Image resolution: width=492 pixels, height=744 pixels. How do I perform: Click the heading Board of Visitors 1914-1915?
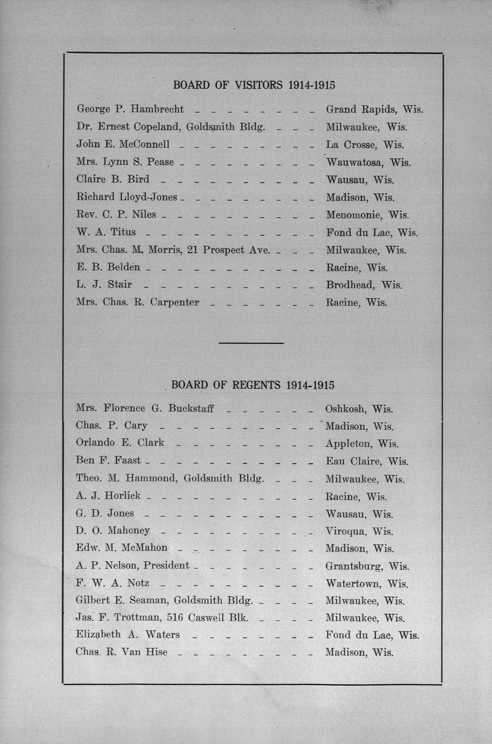click(254, 85)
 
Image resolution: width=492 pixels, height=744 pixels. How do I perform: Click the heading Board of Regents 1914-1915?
click(253, 385)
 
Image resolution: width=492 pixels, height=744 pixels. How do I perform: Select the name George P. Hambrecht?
click(130, 109)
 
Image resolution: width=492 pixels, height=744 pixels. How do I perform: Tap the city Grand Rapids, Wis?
click(374, 109)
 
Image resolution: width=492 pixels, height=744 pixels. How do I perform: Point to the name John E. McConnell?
click(123, 144)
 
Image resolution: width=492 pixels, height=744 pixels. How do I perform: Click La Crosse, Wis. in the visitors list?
click(365, 144)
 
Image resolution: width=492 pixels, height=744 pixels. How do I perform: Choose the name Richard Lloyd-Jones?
click(127, 197)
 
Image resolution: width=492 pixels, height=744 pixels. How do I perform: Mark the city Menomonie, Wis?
click(367, 215)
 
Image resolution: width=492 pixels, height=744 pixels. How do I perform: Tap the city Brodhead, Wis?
click(364, 285)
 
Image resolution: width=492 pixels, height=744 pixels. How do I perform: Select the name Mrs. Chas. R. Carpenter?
click(138, 302)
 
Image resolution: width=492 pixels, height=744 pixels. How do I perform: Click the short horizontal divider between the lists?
click(251, 343)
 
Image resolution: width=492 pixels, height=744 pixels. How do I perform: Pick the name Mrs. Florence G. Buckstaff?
click(145, 408)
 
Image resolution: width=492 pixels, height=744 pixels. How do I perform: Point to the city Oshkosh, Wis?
click(359, 409)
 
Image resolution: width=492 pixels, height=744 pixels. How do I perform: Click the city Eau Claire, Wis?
click(367, 461)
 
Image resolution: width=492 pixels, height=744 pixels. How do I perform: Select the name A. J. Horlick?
click(108, 495)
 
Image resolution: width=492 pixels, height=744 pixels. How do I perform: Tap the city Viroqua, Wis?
click(359, 531)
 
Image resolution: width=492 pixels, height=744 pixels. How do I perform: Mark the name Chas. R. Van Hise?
click(121, 652)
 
